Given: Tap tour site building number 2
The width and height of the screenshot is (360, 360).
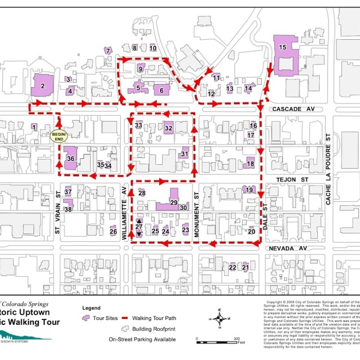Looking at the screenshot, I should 43,85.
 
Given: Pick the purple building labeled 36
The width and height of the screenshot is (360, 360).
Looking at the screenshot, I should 70,158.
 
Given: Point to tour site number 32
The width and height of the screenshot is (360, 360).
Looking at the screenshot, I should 169,128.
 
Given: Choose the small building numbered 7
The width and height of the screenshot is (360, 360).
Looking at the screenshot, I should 108,51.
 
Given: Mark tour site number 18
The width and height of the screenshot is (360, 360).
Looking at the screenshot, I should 250,163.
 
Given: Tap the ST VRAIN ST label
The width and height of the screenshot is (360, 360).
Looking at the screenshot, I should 57,212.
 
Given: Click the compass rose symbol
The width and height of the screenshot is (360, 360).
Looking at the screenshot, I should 220,319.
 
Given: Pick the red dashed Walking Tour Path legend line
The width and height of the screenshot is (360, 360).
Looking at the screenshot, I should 124,318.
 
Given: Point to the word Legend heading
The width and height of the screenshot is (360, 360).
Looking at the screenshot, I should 91,308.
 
